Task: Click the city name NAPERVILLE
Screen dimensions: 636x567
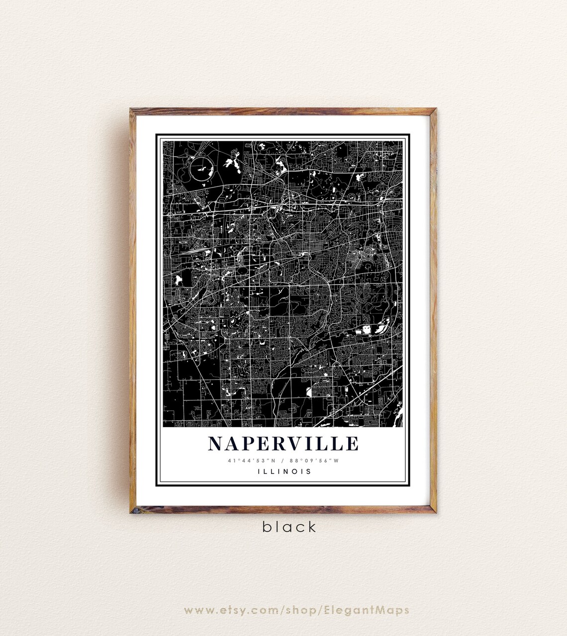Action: click(283, 444)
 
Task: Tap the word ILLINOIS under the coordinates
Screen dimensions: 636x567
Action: click(284, 471)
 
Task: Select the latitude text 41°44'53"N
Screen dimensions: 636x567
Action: click(247, 460)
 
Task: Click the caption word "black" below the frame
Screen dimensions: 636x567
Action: click(289, 527)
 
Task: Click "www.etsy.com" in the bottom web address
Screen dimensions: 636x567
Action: click(227, 610)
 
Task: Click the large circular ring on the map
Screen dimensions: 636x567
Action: click(203, 171)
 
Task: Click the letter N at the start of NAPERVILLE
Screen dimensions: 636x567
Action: click(216, 444)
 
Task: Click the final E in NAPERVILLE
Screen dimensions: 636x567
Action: click(352, 444)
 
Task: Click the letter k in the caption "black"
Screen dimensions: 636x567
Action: click(311, 527)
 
